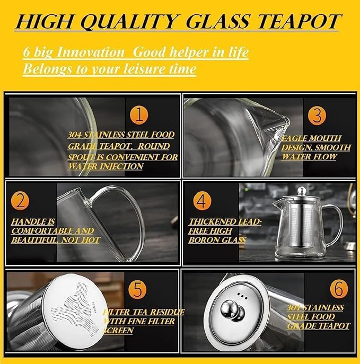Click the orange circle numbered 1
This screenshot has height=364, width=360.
(x=139, y=115)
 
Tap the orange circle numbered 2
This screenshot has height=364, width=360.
(x=20, y=201)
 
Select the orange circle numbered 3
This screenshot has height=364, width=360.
(x=317, y=116)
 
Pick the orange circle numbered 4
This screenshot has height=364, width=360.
(x=202, y=201)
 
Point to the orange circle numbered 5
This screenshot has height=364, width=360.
(x=137, y=290)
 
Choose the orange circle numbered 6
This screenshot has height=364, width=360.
(x=339, y=289)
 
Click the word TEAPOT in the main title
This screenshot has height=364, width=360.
(x=299, y=22)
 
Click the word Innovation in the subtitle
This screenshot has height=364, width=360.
(x=91, y=52)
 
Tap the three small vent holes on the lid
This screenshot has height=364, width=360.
(x=242, y=296)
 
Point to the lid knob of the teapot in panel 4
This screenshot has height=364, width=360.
(x=302, y=191)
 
